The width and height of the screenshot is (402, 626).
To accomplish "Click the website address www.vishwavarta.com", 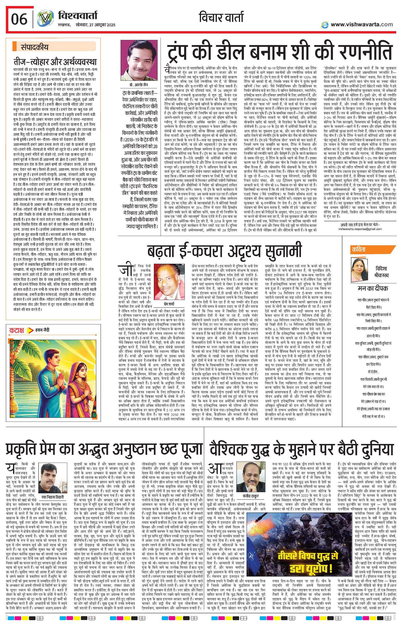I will (362, 24).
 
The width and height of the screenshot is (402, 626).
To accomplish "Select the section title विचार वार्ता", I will (221, 17).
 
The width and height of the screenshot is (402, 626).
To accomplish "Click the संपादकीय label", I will (34, 47).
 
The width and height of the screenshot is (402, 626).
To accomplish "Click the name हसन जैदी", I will (42, 330).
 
